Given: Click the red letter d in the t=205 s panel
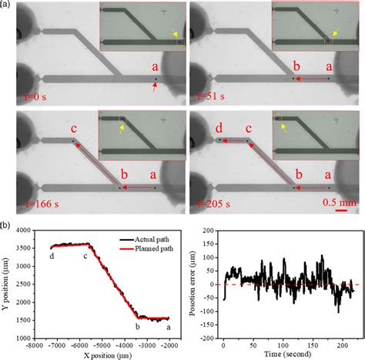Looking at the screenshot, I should tap(218, 127).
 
